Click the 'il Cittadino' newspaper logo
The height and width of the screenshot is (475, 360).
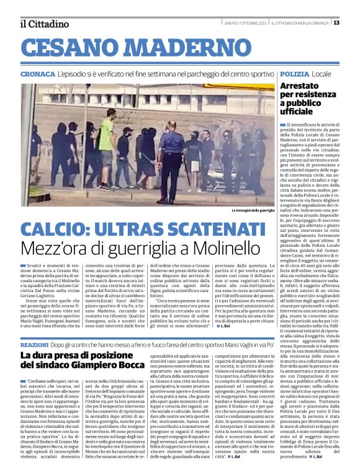pos(43,23)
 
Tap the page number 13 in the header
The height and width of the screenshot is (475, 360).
pos(353,22)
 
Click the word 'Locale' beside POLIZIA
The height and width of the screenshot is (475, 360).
pos(323,73)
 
